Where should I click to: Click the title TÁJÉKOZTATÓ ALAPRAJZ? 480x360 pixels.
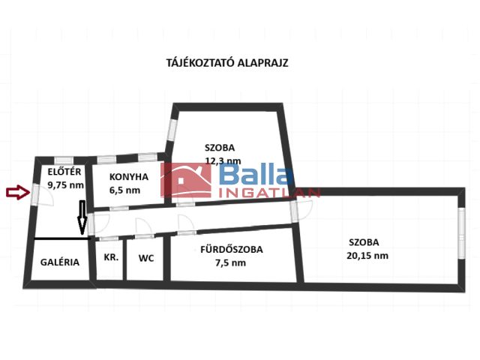click(227, 63)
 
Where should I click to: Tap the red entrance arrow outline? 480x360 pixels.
click(18, 192)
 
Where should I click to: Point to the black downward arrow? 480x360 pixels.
click(82, 217)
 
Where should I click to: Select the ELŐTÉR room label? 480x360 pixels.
click(64, 172)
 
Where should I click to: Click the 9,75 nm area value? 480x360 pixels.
click(65, 185)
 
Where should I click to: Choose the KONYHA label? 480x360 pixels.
click(129, 177)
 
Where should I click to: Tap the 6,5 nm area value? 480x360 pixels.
click(125, 190)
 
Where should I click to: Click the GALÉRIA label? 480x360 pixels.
click(60, 262)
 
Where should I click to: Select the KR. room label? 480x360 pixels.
click(111, 257)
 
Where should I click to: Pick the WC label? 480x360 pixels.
click(146, 258)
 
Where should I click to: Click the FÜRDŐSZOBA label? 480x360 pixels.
click(232, 249)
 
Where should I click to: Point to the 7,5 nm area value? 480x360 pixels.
click(230, 262)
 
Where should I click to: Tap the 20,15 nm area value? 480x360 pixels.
click(367, 255)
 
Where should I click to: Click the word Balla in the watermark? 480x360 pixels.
click(256, 175)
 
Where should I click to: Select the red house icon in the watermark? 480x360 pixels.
click(186, 180)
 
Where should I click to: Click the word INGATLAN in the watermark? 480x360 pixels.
click(269, 193)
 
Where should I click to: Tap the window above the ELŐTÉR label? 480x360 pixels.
click(64, 160)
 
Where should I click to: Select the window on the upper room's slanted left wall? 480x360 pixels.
click(172, 130)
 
